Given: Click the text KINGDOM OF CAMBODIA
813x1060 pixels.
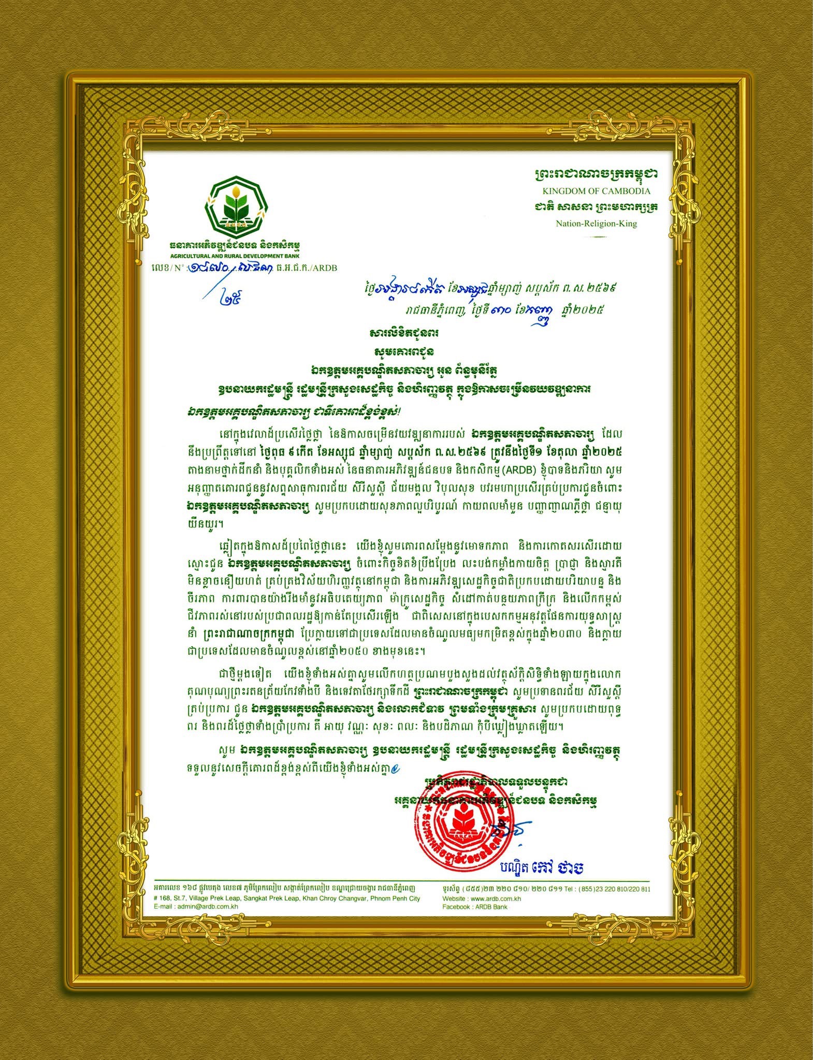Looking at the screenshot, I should pos(596,190).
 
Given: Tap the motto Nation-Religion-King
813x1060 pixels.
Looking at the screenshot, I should pos(596,224).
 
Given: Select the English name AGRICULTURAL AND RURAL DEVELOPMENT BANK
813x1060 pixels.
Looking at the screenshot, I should pos(235,256).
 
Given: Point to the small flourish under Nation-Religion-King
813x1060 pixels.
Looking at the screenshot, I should pos(596,237).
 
